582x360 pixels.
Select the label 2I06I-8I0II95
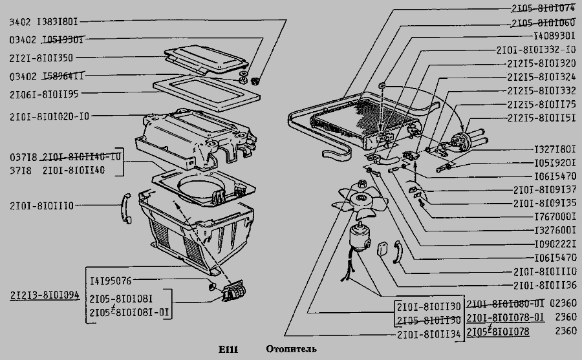[45, 94]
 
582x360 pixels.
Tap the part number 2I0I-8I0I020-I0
[50, 117]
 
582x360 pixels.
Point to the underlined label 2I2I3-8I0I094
[45, 295]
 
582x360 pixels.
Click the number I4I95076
[111, 281]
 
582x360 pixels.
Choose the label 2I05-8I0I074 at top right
[543, 9]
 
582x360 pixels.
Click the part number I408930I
[555, 36]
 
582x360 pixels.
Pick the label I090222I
[555, 244]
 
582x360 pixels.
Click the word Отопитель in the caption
[291, 350]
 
